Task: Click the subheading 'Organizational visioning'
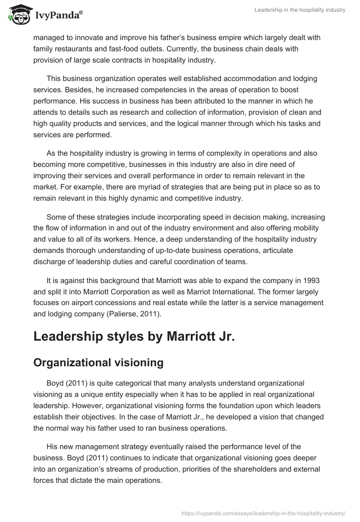click(x=98, y=362)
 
